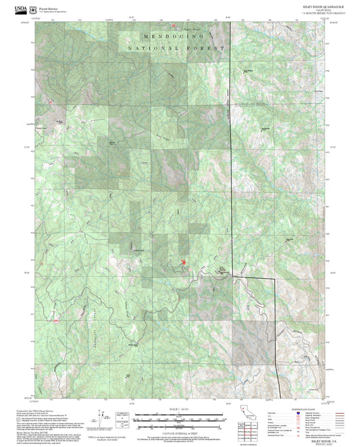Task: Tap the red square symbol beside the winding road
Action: pyautogui.click(x=183, y=261)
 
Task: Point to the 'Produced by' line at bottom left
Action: pyautogui.click(x=34, y=409)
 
